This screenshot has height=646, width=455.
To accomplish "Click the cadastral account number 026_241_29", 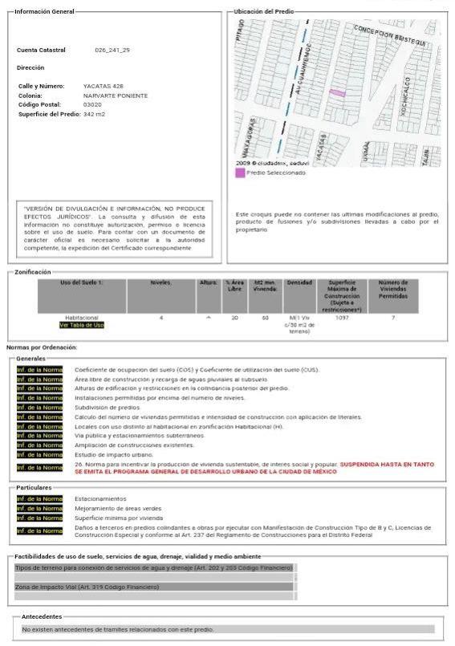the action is point(112,50).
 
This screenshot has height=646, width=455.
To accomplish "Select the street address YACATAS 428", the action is point(104,86).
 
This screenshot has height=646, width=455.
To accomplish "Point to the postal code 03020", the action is point(92,104).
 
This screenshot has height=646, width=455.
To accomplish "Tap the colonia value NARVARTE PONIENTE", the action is point(116,95).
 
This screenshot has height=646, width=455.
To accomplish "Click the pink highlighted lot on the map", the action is point(338,93).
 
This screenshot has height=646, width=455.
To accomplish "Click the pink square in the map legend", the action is point(240,173).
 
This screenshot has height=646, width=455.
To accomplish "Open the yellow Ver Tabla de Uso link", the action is point(81,325).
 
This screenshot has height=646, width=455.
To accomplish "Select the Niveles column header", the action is point(160,282).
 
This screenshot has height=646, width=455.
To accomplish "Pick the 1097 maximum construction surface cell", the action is point(342,318).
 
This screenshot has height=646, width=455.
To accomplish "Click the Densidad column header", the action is point(299,282).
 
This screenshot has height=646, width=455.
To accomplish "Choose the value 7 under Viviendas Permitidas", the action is point(393,318).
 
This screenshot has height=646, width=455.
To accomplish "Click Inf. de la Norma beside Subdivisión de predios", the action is point(39,408).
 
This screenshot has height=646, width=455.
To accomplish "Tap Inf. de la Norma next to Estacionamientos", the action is point(39,498).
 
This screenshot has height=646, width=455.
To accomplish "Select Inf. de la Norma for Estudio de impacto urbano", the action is point(39,455).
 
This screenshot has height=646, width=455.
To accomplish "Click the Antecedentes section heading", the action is point(42,616).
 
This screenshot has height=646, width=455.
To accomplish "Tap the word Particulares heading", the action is point(34,487).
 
